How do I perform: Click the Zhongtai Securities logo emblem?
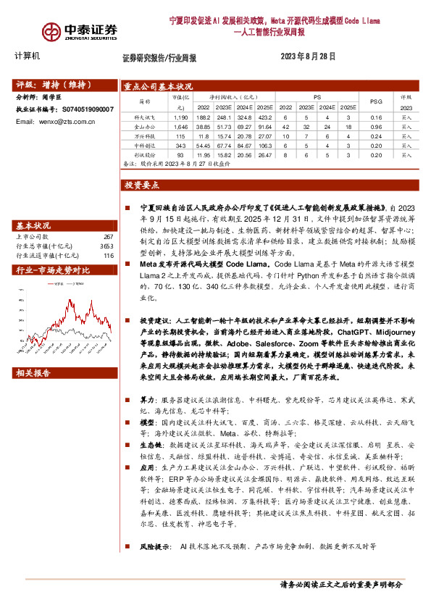[51, 31]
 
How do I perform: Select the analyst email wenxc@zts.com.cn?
[54, 121]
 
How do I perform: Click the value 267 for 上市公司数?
[109, 236]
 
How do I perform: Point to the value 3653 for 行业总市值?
[107, 246]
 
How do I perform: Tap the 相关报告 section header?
[33, 373]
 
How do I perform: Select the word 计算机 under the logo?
[28, 57]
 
